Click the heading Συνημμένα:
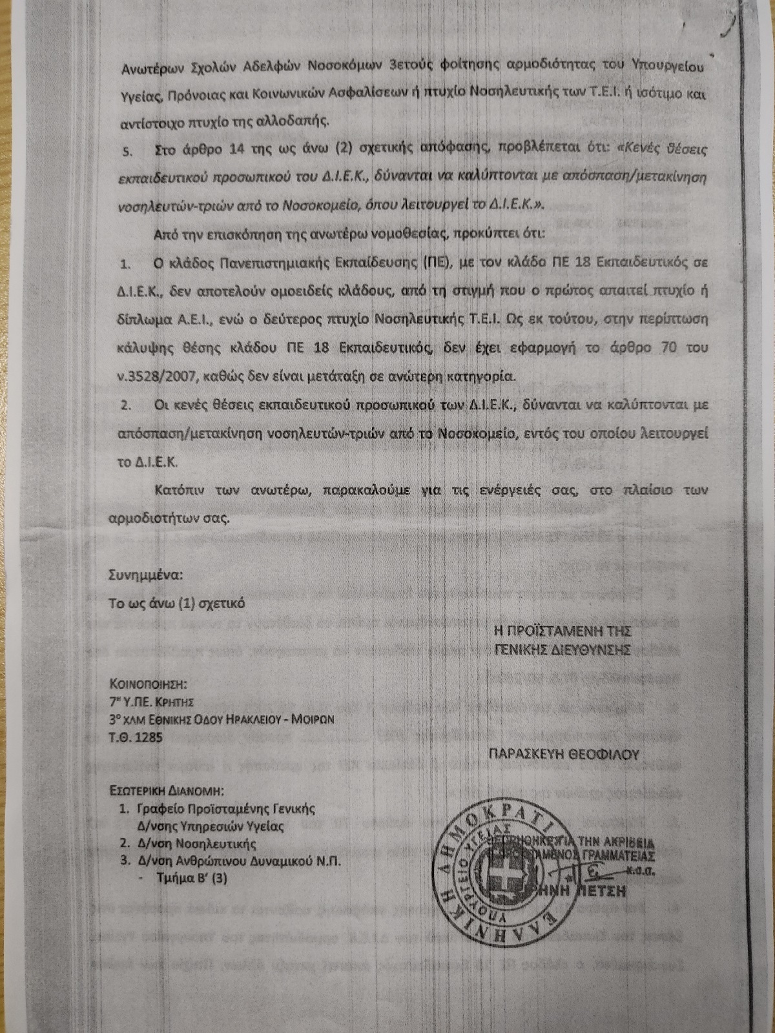click(145, 574)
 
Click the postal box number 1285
click(149, 737)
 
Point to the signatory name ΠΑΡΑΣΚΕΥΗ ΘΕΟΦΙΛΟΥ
click(564, 754)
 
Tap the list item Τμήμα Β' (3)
click(192, 878)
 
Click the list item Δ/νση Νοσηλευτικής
click(197, 843)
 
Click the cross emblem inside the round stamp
click(498, 864)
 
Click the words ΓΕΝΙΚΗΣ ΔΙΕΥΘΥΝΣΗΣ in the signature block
click(562, 649)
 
